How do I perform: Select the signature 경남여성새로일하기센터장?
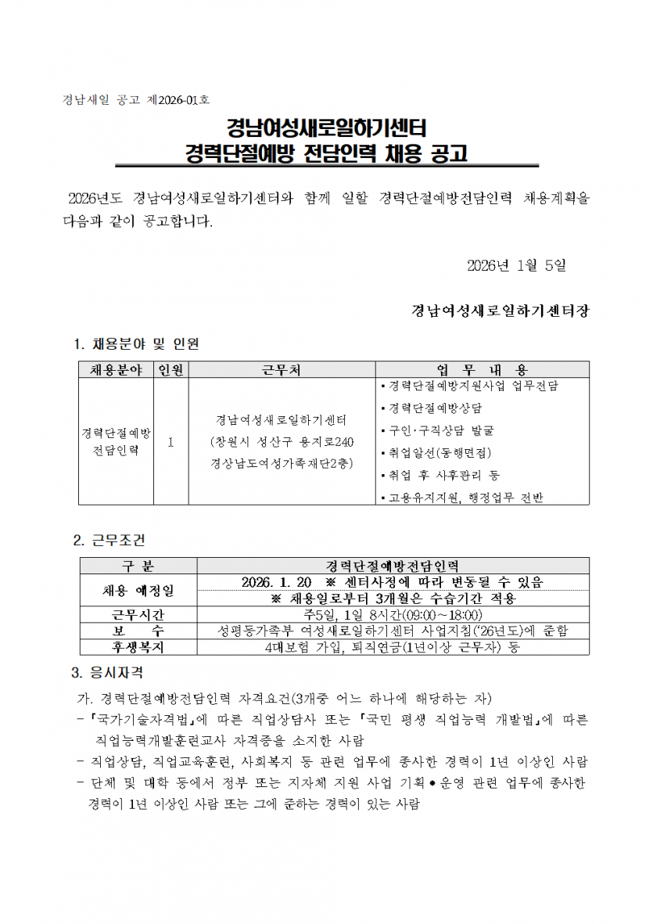tap(501, 310)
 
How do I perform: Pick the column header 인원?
tap(170, 369)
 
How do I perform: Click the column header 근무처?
tap(282, 369)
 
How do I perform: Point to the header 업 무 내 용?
tap(482, 369)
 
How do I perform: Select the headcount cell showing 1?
tap(170, 441)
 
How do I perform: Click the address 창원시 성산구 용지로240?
tap(282, 441)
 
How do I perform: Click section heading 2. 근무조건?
tap(109, 540)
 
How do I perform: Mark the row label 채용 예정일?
tap(139, 589)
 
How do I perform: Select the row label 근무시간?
tap(139, 614)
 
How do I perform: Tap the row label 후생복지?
tap(139, 646)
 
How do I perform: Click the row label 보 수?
tap(139, 630)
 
